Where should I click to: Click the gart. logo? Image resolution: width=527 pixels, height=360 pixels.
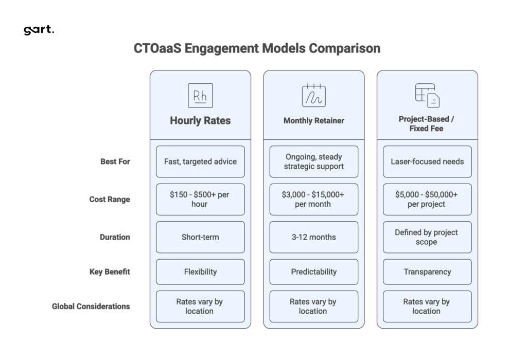click(39, 30)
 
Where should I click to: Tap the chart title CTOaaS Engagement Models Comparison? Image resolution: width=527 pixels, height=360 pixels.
click(257, 49)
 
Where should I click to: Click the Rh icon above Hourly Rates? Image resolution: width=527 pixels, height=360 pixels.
click(200, 95)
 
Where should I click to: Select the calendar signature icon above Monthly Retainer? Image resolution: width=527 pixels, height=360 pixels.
click(313, 95)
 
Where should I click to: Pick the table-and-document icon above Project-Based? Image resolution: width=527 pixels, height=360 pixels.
click(427, 95)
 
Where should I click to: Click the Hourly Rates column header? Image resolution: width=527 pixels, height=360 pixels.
click(200, 121)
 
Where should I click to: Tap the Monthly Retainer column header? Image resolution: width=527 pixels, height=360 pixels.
click(313, 121)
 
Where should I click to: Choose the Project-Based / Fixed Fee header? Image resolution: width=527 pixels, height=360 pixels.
click(427, 123)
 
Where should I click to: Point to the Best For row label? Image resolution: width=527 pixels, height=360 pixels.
click(115, 161)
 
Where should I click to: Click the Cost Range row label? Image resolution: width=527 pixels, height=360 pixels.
click(110, 200)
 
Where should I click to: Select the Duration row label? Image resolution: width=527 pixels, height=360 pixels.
click(115, 237)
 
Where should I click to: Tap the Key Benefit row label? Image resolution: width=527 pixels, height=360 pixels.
click(110, 272)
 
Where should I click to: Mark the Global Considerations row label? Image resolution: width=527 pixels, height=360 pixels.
click(91, 307)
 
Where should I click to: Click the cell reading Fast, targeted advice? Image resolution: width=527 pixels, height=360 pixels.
click(200, 161)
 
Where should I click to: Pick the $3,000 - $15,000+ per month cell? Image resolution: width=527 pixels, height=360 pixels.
click(313, 200)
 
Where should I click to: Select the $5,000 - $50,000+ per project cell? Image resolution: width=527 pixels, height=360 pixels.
click(427, 200)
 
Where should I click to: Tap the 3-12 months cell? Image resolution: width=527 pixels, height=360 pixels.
click(313, 237)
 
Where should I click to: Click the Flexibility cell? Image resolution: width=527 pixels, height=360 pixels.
click(200, 272)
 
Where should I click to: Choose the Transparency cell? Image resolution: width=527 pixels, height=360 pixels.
click(427, 272)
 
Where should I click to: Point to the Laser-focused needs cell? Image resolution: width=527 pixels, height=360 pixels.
click(427, 161)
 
